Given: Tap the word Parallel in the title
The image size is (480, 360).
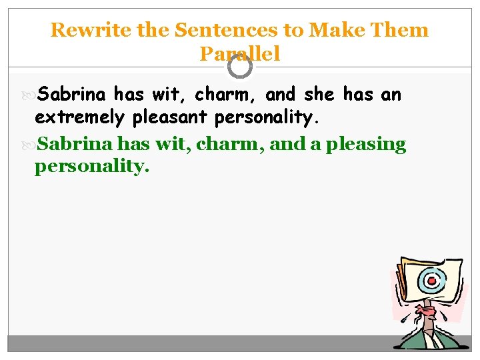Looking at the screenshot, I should click(x=239, y=54).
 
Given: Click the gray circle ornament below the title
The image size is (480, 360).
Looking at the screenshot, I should click(x=239, y=67).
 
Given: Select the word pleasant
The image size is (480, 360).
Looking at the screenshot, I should click(x=169, y=118).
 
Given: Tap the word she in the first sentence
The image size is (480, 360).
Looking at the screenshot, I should click(x=317, y=95).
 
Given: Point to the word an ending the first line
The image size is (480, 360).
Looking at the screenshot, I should click(x=391, y=95).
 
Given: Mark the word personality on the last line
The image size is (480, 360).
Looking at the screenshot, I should click(x=92, y=167).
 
